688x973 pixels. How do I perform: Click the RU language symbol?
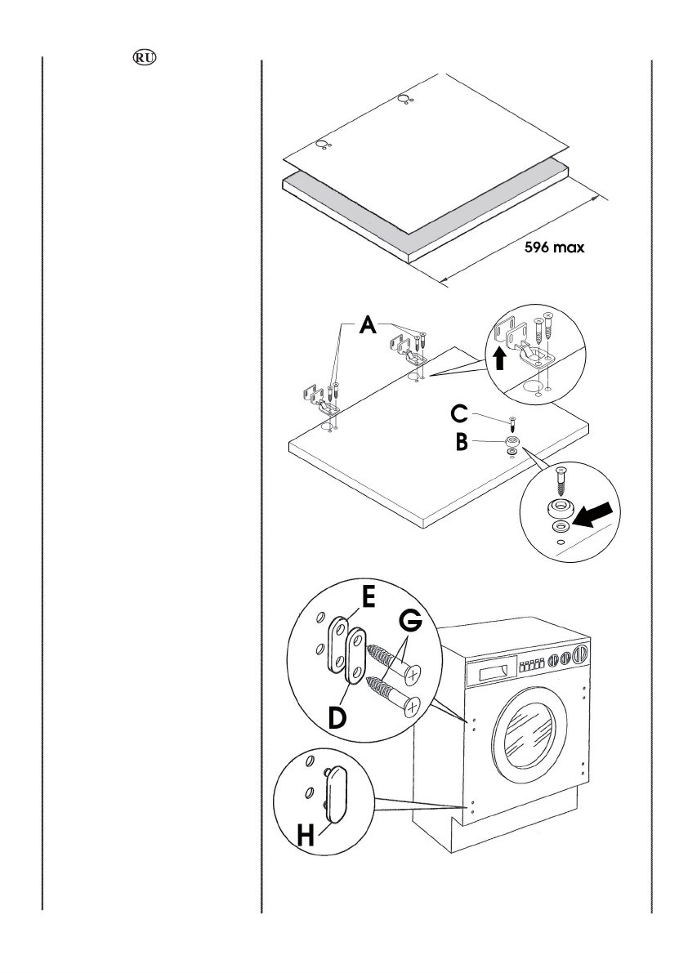coord(145,58)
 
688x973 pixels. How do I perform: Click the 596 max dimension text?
coord(554,247)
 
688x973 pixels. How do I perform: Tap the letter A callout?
coord(368,324)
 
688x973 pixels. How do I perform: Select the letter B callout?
coord(462,443)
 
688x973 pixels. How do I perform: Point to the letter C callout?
coord(460,414)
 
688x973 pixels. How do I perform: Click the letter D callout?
coord(337,718)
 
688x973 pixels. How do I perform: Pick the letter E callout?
coord(368,598)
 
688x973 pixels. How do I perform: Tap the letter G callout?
coord(410,621)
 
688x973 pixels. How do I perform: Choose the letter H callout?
coord(306,835)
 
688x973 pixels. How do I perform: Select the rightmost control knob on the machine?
coord(580,654)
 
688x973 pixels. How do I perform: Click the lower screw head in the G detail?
coord(412,706)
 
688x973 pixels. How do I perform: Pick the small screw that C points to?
coord(513,425)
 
